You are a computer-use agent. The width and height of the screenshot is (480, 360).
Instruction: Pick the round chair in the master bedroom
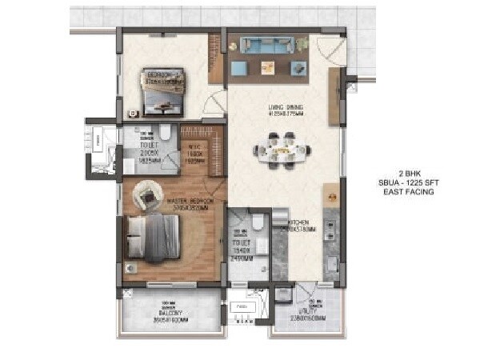pos(148,192)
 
